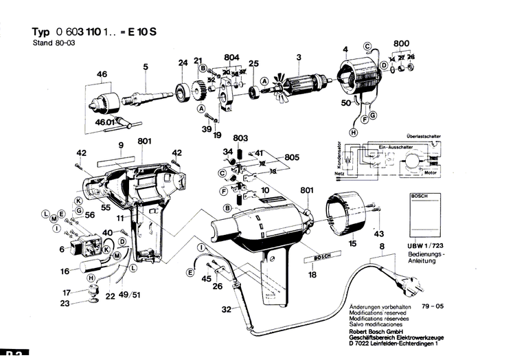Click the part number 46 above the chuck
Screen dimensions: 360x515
pyautogui.click(x=102, y=74)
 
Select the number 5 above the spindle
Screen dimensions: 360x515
pyautogui.click(x=146, y=67)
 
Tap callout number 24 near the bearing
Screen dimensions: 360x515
pyautogui.click(x=183, y=63)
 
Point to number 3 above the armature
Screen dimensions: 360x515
pyautogui.click(x=299, y=56)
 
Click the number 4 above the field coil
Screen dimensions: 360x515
pyautogui.click(x=346, y=48)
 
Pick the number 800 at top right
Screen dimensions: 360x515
pyautogui.click(x=401, y=44)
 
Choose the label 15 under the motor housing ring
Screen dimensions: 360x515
pyautogui.click(x=352, y=243)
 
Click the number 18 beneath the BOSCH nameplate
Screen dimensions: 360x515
pyautogui.click(x=312, y=275)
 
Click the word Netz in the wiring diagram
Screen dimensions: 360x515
pyautogui.click(x=339, y=175)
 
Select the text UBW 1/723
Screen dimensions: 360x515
pyautogui.click(x=428, y=246)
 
